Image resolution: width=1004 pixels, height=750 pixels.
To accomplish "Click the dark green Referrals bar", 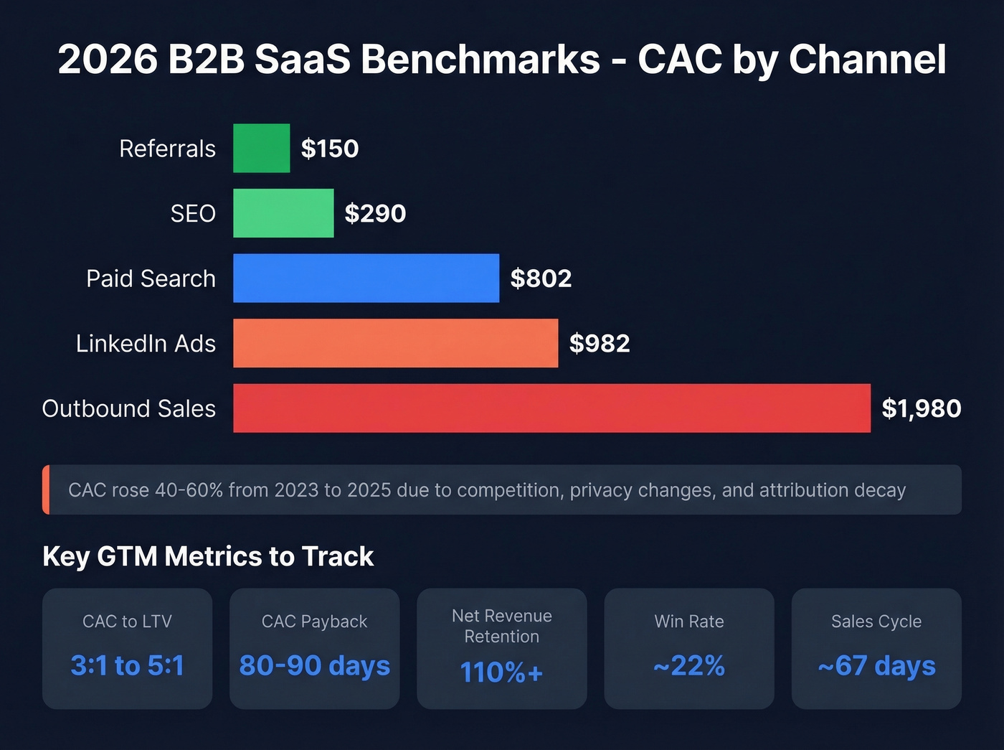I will coord(261,148).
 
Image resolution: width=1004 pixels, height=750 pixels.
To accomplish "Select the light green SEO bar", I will coord(283,213).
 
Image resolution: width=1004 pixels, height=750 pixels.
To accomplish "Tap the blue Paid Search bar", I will coord(366,278).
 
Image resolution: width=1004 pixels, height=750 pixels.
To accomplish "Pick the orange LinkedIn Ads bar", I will coord(395,343).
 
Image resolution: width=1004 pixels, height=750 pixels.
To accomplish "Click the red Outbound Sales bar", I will coord(551,408).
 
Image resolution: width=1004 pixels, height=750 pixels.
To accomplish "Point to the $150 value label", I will coord(329,149).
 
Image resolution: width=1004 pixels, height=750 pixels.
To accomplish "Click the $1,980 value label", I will coord(921,408).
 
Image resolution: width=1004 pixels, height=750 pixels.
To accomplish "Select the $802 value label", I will coord(541,278).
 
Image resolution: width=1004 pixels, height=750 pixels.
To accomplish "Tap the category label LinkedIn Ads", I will coord(146,344).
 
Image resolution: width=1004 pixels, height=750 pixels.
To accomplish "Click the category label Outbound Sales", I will coord(129,408).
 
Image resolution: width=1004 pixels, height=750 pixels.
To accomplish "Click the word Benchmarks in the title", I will coord(480,59).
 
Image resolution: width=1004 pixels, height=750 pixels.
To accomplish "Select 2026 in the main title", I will coord(108,59).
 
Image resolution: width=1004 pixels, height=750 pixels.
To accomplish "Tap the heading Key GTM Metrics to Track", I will coord(208,556).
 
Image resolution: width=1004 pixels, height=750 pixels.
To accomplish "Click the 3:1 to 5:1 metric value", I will coord(127,665).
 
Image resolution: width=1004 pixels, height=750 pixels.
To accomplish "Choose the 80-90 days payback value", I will coord(314,665).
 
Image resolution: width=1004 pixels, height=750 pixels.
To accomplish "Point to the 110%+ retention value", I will coord(501,672).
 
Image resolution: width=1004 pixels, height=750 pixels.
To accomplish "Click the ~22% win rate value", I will coord(688,665).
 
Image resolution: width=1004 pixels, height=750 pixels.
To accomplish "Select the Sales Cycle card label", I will coord(876,622).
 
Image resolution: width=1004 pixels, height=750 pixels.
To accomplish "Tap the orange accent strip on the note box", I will coord(46,489).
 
